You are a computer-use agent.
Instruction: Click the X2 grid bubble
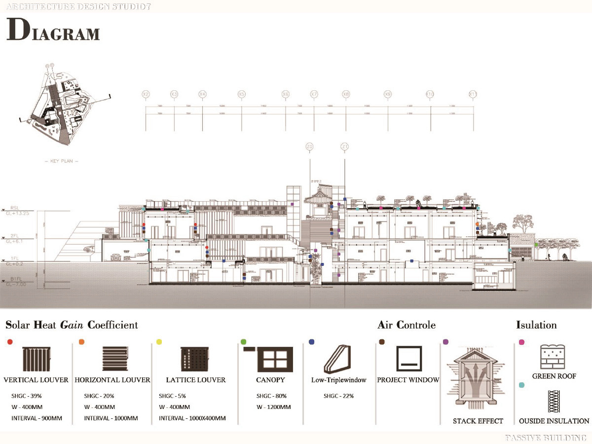click(146, 94)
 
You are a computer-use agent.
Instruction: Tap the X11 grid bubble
click(473, 94)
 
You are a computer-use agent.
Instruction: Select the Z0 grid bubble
click(309, 147)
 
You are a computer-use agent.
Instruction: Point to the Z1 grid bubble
click(345, 147)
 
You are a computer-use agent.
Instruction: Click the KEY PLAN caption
click(61, 161)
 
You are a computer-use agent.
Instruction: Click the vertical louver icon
click(37, 359)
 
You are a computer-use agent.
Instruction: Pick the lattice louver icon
click(192, 359)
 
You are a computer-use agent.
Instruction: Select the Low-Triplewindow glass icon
click(337, 359)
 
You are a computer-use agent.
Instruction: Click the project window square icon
click(409, 359)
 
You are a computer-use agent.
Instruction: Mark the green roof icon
click(554, 357)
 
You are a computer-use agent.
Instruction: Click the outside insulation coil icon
click(553, 402)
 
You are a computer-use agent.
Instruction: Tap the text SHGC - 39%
click(27, 396)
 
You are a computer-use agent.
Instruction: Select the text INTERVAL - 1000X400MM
click(192, 418)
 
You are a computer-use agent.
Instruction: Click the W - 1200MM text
click(273, 407)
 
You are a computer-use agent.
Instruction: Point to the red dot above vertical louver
click(10, 341)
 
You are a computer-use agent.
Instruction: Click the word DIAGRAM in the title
click(53, 31)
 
